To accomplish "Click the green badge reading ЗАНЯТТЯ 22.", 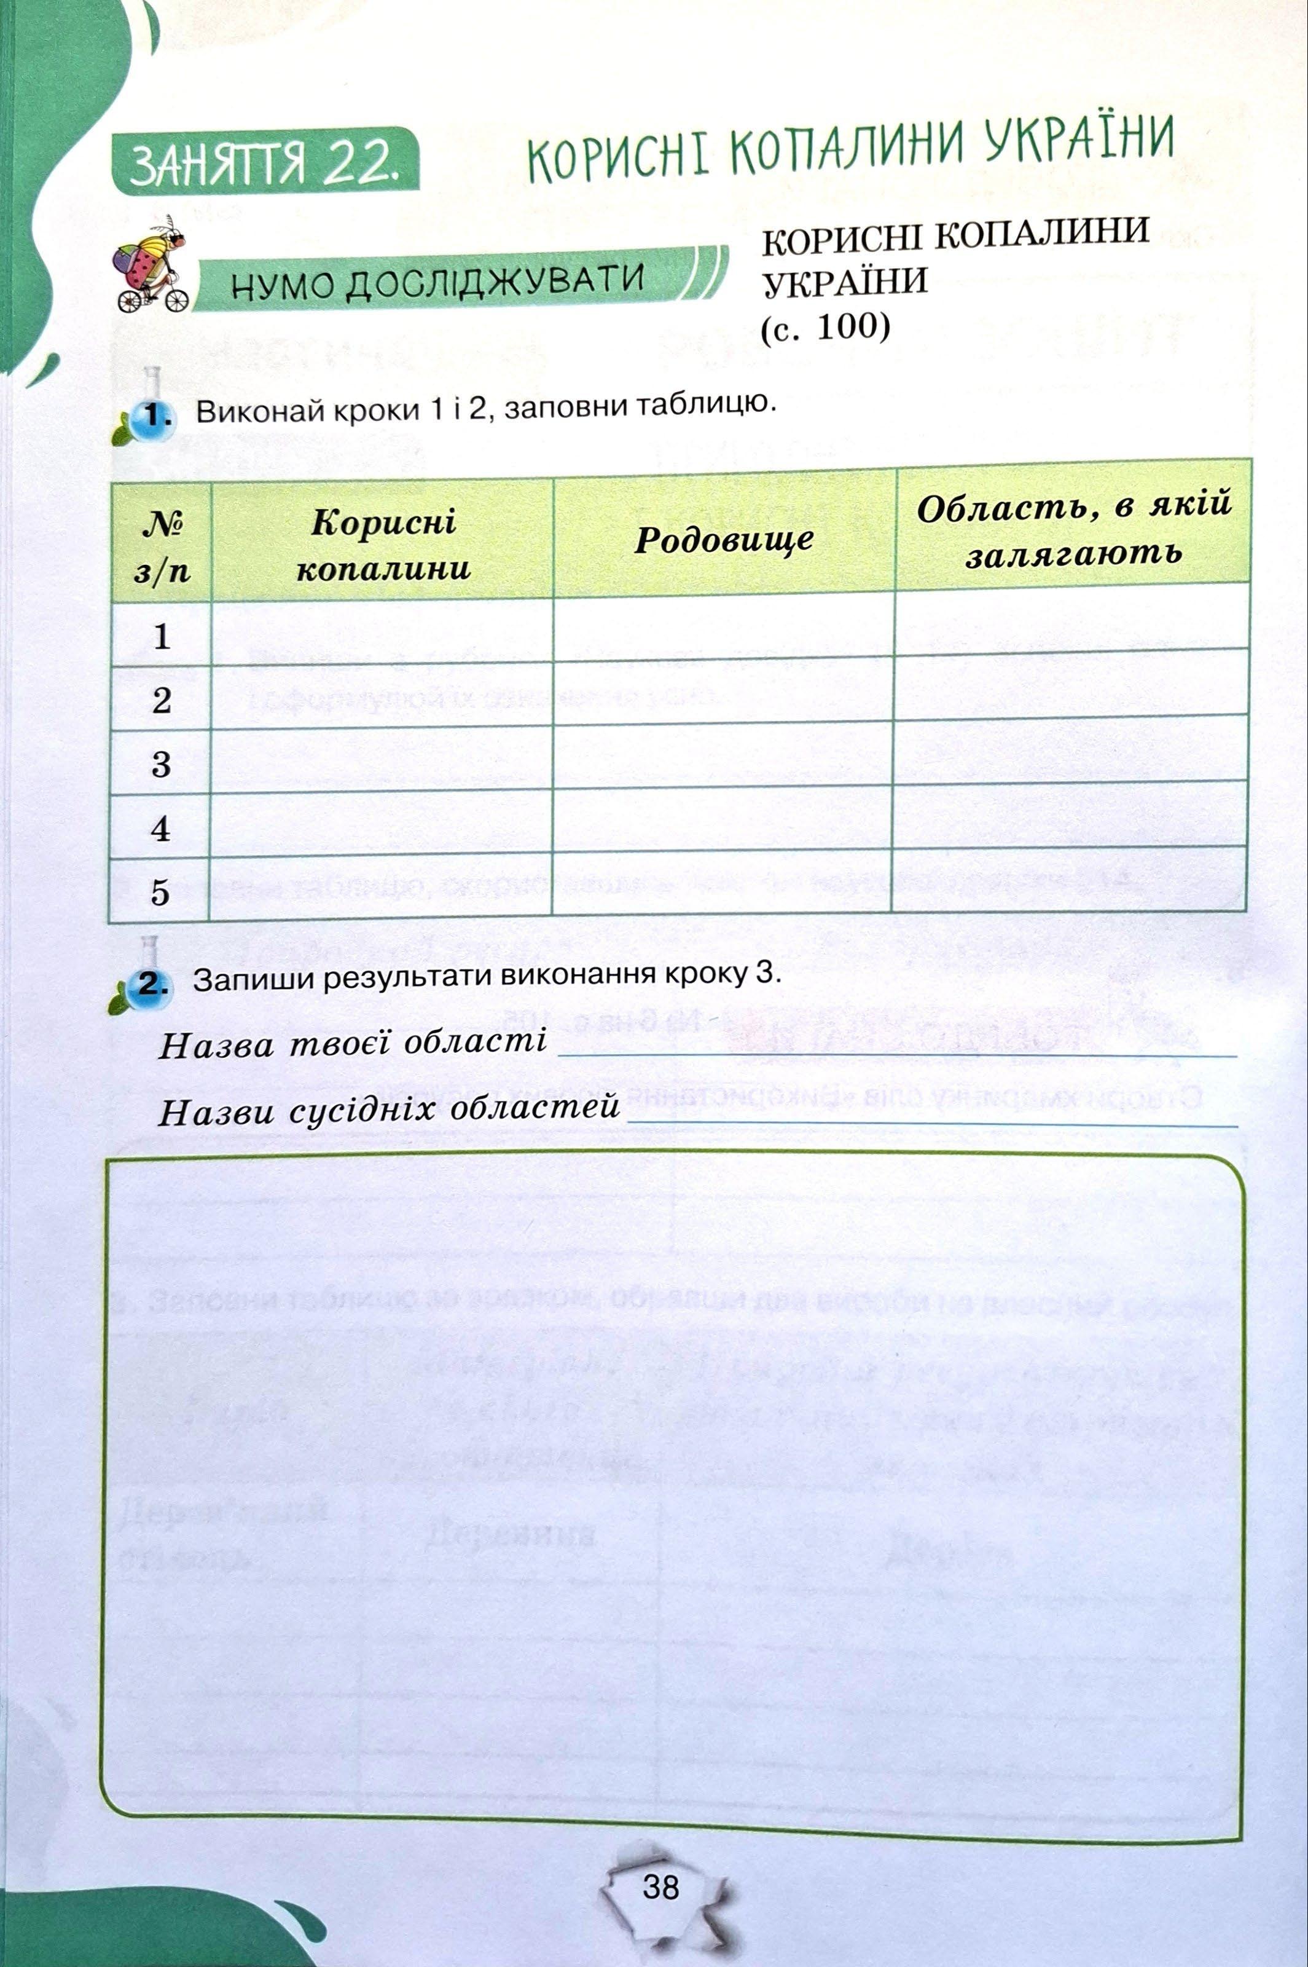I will tap(264, 160).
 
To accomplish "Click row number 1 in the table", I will tap(161, 637).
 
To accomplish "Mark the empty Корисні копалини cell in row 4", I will tap(382, 826).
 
